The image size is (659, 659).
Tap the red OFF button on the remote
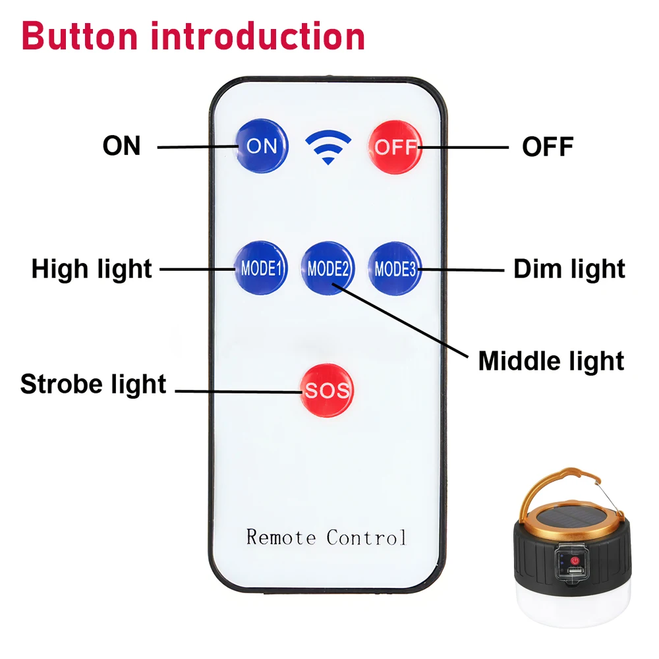pos(395,147)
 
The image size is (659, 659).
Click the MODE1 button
pos(261,268)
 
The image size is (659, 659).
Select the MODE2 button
pos(328,268)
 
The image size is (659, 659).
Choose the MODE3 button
pos(395,269)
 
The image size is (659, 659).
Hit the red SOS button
pos(327,390)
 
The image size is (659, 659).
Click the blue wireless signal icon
pos(328,147)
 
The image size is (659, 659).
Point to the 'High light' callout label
pos(92,270)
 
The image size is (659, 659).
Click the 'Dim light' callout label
pos(569,269)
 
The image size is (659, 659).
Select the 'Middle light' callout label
pos(551,361)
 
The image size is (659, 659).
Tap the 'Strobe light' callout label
pos(94,385)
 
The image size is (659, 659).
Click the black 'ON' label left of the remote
pos(121,146)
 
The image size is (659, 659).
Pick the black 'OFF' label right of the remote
pos(548,147)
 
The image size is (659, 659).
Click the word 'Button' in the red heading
pos(80,36)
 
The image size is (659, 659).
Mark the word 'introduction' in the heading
pos(258,36)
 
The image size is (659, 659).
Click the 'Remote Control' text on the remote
pos(326,537)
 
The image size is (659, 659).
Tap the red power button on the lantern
pos(575,561)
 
